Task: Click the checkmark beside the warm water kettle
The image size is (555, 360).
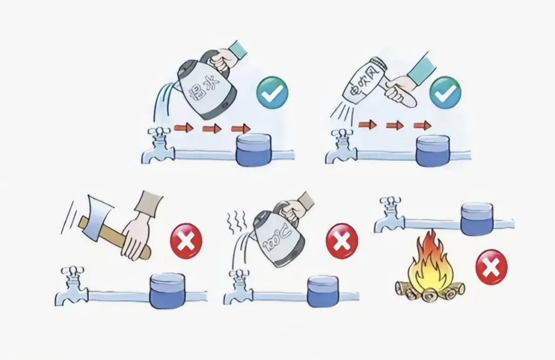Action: coord(272,92)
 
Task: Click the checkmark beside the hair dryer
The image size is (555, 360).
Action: coord(445,92)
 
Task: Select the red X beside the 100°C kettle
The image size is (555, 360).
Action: coord(342,241)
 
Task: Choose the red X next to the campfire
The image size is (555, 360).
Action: coord(491,267)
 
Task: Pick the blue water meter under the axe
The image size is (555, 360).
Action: coord(168,290)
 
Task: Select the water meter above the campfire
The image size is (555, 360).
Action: coord(477,219)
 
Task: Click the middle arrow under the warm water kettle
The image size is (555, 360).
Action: coord(212,128)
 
